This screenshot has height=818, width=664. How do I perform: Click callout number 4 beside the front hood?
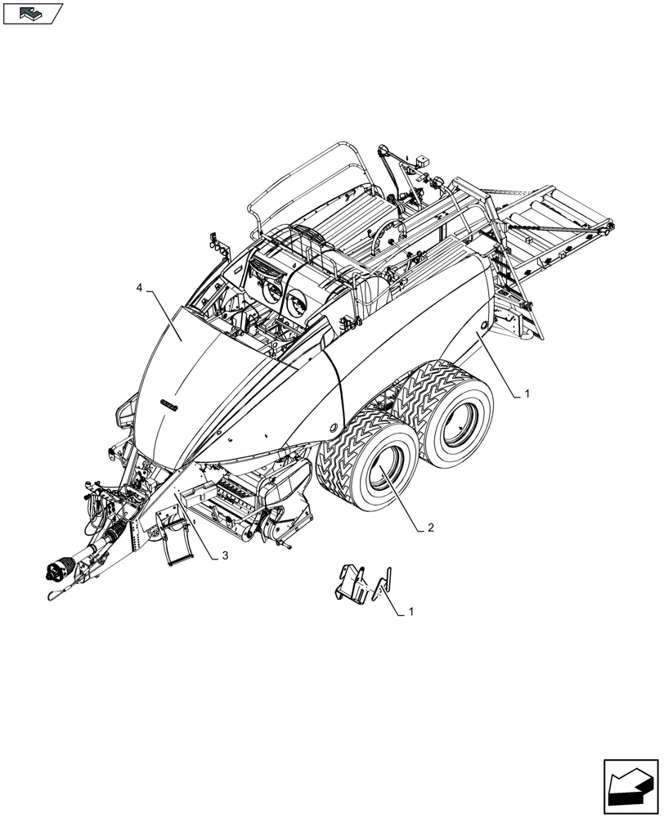click(140, 289)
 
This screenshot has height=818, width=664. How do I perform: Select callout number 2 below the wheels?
click(429, 528)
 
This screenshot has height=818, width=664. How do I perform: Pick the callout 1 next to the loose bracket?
click(411, 611)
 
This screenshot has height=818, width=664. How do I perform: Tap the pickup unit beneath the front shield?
click(245, 499)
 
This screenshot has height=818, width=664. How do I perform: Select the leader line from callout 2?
click(401, 499)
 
